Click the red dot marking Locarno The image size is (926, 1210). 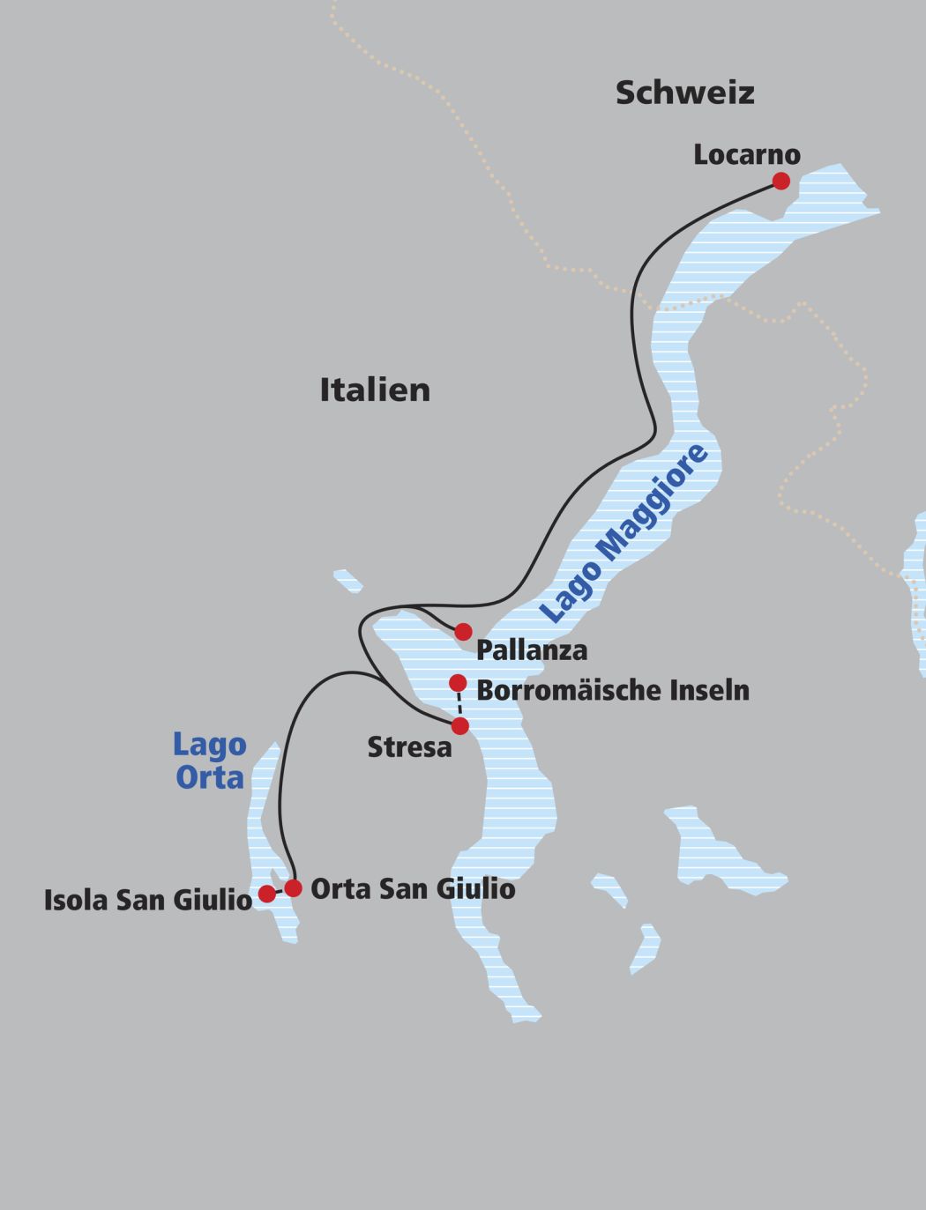tap(780, 182)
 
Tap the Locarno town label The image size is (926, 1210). tap(746, 154)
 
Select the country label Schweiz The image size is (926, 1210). tap(684, 93)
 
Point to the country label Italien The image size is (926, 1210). tap(375, 390)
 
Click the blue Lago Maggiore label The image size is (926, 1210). tap(624, 534)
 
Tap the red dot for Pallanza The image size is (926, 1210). tap(463, 632)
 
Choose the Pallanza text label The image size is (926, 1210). tap(531, 650)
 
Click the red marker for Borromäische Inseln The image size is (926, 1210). tap(458, 683)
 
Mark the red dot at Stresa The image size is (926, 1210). tap(460, 726)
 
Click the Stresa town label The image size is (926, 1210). tap(409, 747)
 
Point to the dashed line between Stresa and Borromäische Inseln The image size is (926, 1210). tap(459, 704)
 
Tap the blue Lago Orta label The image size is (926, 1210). tap(209, 761)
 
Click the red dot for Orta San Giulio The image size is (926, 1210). tap(293, 888)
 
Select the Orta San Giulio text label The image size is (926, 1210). tap(413, 888)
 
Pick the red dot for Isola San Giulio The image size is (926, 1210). tap(266, 895)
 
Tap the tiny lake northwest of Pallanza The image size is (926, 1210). tap(347, 580)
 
